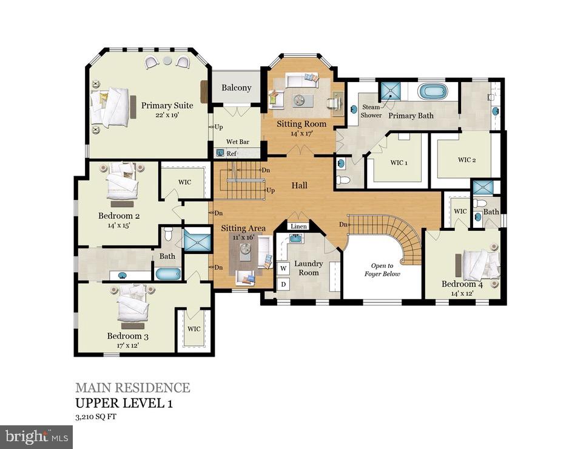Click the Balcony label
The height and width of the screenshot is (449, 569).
(x=236, y=87)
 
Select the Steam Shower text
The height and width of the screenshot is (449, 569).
(x=371, y=111)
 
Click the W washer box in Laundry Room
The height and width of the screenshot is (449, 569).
(x=283, y=268)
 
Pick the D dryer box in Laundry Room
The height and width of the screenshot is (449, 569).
(x=283, y=284)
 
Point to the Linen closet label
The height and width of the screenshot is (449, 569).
(x=298, y=226)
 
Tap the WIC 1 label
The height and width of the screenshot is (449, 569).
(x=398, y=162)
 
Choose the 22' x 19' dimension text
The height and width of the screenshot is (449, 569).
(x=167, y=114)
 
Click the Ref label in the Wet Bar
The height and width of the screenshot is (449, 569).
(x=231, y=154)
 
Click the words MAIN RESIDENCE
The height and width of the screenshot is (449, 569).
(x=132, y=388)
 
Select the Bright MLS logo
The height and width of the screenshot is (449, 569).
(x=36, y=436)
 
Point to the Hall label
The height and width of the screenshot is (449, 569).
(x=299, y=185)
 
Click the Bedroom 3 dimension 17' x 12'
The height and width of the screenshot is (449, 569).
(x=127, y=345)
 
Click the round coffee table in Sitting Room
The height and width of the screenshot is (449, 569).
(x=298, y=100)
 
